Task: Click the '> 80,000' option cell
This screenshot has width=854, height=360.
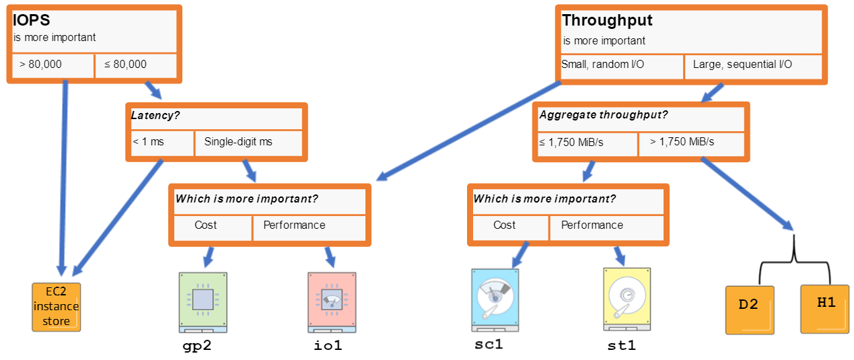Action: coord(53,65)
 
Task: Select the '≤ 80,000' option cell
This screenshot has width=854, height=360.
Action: coord(136,65)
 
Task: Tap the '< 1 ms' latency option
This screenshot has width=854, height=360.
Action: coord(162,143)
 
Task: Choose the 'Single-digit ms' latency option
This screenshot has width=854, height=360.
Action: coord(248,143)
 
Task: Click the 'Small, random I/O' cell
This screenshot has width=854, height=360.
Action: coord(622,67)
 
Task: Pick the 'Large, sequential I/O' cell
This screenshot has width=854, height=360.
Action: coord(753,67)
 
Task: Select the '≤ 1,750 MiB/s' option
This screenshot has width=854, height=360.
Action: coord(588,144)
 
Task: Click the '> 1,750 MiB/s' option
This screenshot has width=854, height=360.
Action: coord(692,144)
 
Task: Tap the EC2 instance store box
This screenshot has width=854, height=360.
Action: coord(57,307)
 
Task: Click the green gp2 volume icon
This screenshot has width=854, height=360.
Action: coord(203,302)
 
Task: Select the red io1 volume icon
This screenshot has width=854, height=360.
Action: coord(332,302)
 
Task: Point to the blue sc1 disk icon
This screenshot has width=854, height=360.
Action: coord(495,300)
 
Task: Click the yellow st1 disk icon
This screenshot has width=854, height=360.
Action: coord(627,299)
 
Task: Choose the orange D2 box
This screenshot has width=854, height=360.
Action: coord(750,310)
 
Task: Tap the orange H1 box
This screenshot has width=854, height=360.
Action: coord(824,309)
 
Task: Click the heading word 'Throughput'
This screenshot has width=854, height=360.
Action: coord(607,21)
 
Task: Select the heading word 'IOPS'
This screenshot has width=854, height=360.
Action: coord(31,20)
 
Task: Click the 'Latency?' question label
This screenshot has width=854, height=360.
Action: coord(155,115)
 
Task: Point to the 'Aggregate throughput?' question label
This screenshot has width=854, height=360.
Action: coord(604,115)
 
